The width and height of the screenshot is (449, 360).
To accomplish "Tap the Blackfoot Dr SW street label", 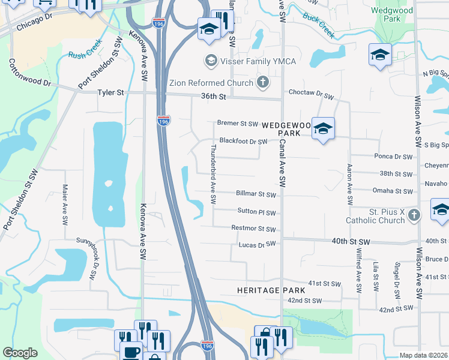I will [243, 142].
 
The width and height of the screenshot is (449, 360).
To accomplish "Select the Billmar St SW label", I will [256, 194].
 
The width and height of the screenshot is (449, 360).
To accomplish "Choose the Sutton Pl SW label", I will [256, 212].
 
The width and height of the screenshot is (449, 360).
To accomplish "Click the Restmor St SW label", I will [253, 229].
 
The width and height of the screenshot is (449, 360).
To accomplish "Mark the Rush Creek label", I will [85, 54].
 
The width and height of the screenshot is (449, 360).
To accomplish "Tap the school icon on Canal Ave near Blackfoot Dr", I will [323, 128].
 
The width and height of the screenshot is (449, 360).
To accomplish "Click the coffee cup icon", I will [131, 352].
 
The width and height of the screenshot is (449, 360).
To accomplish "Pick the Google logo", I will [20, 353].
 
